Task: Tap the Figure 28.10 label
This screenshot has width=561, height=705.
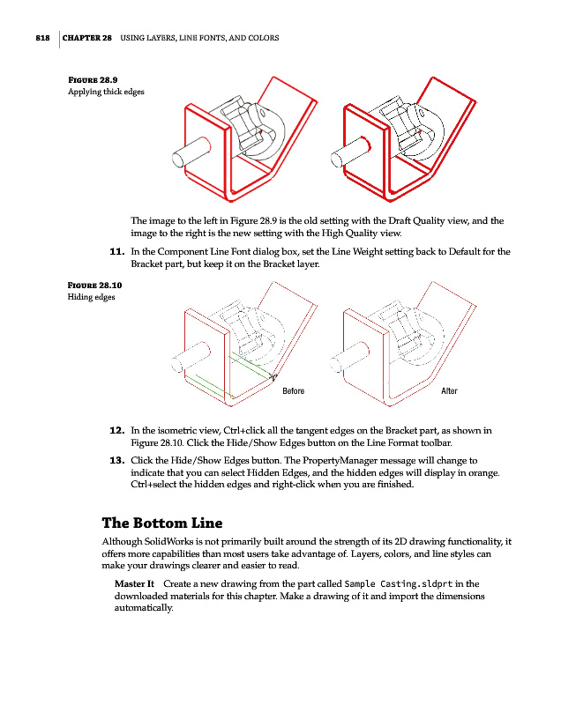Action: click(x=94, y=285)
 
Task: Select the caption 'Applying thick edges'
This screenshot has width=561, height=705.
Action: click(x=107, y=92)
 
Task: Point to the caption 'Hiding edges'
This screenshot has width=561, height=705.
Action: click(x=91, y=296)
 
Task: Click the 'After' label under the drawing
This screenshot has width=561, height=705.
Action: click(x=449, y=390)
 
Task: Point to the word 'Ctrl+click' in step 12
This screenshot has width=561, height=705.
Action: click(x=249, y=430)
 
